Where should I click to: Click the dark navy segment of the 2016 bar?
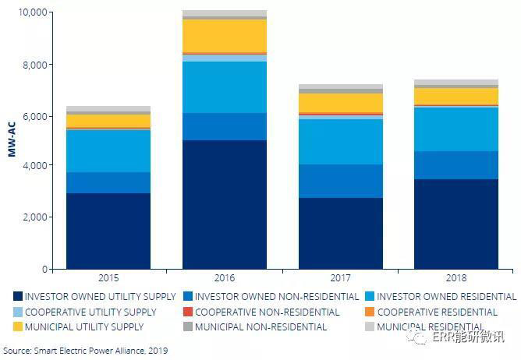coord(225,204)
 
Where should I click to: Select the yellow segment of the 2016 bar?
coord(225,36)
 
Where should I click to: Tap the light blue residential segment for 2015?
coord(108,150)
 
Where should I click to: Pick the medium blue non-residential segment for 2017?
coord(341,181)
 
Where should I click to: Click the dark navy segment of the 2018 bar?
coord(456,224)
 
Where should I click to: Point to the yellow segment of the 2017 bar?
coord(341,103)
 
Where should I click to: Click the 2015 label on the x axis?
coord(108,278)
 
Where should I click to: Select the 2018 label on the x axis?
coord(456,278)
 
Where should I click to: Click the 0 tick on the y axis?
coord(47,269)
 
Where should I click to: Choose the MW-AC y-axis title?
coord(12,140)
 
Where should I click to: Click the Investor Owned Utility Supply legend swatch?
coord(17,297)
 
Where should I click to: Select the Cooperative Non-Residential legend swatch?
coord(187,312)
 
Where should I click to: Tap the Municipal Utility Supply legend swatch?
coord(17,326)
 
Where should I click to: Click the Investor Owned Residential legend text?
coord(446,297)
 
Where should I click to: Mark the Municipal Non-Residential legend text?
coord(260,326)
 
